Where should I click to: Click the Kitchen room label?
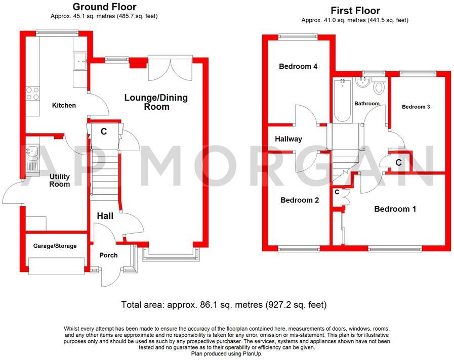(x=64, y=105)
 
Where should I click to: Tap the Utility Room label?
(x=59, y=181)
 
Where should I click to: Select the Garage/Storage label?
(x=55, y=246)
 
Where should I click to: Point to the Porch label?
(x=108, y=255)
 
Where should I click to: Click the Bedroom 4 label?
(x=298, y=66)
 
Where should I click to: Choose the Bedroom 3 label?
(x=416, y=107)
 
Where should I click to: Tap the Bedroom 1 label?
(x=395, y=209)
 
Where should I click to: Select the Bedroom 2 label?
(x=300, y=200)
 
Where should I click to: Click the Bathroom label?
(x=366, y=104)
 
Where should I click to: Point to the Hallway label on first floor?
(x=288, y=139)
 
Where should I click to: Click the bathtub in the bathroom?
(x=343, y=100)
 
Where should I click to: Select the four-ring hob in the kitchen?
(x=33, y=93)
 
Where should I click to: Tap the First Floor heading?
(x=355, y=10)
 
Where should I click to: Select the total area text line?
(x=224, y=305)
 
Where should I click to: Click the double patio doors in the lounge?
(x=170, y=68)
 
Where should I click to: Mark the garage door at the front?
(x=56, y=266)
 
